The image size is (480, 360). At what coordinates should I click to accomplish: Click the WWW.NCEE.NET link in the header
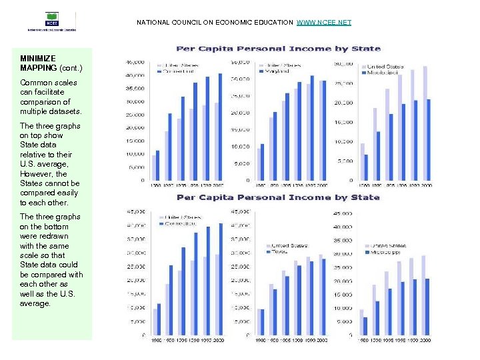click(323, 23)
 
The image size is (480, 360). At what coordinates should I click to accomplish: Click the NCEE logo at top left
click(51, 21)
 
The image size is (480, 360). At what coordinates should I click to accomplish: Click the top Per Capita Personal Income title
click(278, 48)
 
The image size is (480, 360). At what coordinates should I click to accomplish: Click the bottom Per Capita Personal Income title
click(278, 197)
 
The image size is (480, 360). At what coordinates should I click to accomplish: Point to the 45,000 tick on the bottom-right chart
click(343, 213)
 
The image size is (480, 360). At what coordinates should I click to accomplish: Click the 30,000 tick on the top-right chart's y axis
click(344, 63)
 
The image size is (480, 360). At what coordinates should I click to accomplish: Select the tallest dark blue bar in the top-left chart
click(221, 127)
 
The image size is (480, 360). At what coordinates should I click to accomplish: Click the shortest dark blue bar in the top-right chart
click(366, 167)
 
